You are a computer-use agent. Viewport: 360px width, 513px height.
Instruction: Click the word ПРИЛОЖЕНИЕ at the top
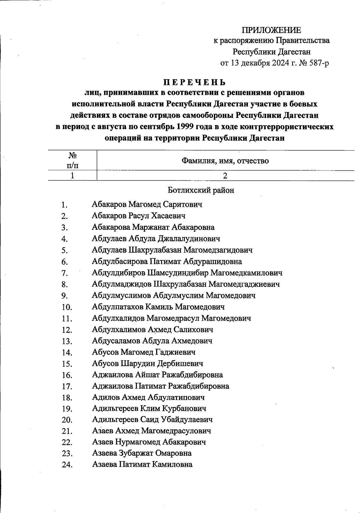coord(271,30)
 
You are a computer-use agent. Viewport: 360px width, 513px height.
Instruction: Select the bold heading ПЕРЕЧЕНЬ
coord(194,82)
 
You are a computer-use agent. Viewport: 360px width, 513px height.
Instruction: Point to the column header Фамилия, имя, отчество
coord(225,161)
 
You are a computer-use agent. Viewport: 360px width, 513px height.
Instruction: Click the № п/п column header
coord(72,160)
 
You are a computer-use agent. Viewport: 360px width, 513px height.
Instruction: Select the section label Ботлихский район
coord(201,190)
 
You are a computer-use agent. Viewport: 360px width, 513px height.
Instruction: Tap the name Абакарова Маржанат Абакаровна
coord(153,227)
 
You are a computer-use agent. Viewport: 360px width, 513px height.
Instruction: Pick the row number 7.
coord(64,273)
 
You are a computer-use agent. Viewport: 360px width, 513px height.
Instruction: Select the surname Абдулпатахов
coord(118,307)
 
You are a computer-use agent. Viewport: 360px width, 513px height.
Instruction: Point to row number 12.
coord(67,330)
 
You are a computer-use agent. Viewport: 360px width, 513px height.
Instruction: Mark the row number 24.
coord(67,465)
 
